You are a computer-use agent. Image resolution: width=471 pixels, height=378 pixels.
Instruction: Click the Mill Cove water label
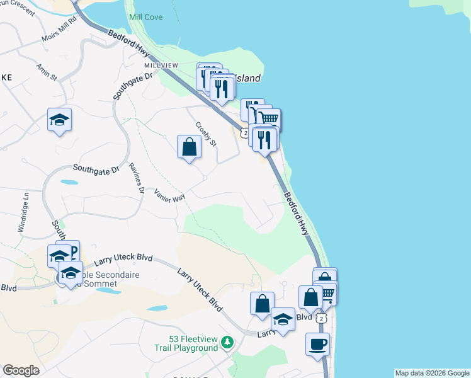145,17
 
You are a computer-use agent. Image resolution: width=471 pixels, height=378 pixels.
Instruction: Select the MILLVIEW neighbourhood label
161,66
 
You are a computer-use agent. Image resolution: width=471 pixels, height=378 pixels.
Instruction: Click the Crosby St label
206,134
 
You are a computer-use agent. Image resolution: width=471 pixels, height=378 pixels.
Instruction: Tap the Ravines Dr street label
137,178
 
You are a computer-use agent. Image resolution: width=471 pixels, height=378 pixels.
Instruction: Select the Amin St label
47,72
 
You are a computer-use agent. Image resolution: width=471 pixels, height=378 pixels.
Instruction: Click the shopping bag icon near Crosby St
189,148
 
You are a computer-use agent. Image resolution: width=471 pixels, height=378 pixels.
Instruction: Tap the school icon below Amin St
59,120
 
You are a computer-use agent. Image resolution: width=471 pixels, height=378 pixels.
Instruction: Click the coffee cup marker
317,345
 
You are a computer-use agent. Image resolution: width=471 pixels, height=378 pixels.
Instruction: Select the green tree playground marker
227,343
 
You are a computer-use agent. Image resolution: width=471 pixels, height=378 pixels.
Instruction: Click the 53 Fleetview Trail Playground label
186,344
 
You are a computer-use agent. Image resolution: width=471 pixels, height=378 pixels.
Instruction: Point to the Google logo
21,370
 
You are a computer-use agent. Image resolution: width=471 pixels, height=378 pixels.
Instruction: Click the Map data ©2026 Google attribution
432,373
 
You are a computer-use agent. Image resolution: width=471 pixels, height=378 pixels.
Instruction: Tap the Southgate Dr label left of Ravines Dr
95,169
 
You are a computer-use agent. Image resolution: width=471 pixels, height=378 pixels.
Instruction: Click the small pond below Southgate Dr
69,183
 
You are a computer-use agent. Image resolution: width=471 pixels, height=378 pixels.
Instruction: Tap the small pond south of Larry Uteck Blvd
158,309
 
